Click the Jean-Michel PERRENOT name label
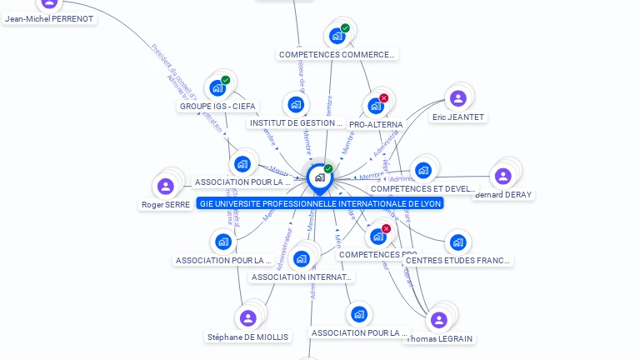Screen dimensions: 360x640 tap(49, 18)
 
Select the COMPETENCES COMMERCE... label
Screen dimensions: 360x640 tap(337, 54)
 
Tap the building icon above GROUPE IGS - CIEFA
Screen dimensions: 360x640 tap(217, 87)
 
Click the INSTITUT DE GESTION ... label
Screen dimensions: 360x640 tap(296, 122)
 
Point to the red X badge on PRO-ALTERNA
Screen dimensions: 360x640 tap(383, 98)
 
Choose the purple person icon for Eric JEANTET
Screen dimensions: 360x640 tap(457, 98)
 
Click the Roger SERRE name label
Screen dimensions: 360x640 tap(166, 204)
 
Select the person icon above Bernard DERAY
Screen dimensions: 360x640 tap(502, 176)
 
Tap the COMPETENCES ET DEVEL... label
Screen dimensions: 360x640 tap(422, 189)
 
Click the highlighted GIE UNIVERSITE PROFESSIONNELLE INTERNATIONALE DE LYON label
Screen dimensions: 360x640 tap(321, 202)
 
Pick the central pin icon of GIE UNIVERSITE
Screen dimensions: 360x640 tap(318, 177)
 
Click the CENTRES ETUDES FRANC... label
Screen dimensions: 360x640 tap(457, 260)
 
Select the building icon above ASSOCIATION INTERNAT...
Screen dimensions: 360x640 tap(301, 258)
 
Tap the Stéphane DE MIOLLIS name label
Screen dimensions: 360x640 tap(248, 337)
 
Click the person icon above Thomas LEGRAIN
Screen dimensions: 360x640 tap(439, 320)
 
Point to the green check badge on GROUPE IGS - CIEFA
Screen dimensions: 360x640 tap(226, 80)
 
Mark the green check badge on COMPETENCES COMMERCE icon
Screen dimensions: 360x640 tap(345, 28)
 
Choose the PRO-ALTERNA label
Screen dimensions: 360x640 tap(376, 124)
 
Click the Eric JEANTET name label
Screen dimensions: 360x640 tap(458, 117)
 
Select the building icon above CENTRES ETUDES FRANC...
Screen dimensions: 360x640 tap(457, 243)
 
